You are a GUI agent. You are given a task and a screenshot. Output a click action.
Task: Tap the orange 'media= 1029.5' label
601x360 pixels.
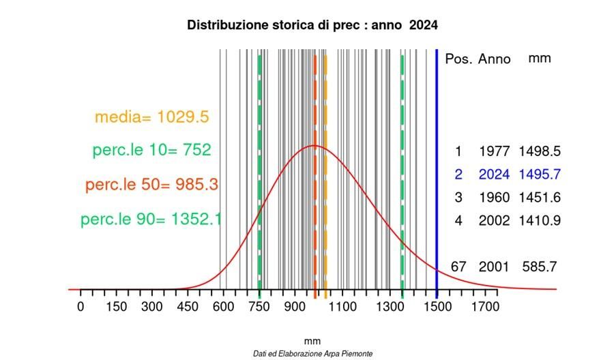(151, 117)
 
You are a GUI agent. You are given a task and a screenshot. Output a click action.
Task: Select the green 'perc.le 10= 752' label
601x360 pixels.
(151, 150)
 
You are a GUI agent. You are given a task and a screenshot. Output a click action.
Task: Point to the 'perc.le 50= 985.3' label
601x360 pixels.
(151, 185)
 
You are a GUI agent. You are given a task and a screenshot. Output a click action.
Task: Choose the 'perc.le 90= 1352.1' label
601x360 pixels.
(151, 220)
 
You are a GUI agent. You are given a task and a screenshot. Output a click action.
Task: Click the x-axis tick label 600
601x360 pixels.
(224, 307)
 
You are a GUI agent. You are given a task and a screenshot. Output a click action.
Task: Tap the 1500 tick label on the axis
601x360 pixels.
(437, 307)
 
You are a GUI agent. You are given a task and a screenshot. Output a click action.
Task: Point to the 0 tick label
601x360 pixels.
(81, 307)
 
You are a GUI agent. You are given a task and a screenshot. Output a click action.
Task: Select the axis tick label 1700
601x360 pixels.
(484, 307)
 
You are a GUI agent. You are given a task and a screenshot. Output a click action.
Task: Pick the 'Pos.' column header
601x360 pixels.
(458, 59)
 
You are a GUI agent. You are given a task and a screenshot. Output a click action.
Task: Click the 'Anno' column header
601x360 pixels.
(494, 59)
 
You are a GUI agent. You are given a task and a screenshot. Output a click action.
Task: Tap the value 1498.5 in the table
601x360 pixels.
(539, 151)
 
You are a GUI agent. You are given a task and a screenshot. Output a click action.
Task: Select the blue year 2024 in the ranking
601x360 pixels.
(494, 175)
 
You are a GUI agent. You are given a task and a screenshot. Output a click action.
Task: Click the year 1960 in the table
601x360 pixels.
(494, 198)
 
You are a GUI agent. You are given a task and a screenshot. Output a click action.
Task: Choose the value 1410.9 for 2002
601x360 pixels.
(539, 221)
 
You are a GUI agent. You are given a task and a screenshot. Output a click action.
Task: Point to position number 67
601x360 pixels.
(458, 267)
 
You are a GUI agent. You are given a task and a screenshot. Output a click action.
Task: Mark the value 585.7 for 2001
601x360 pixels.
(539, 267)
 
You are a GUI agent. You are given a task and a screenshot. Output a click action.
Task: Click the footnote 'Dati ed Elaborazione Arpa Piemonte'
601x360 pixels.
(312, 354)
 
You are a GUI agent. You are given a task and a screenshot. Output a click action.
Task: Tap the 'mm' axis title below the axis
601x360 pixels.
(312, 341)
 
